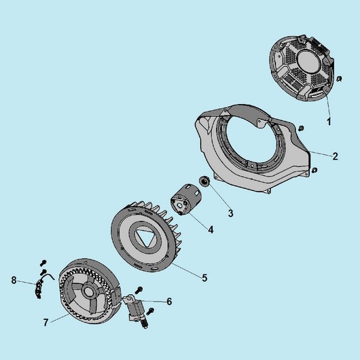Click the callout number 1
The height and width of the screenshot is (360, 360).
click(329, 122)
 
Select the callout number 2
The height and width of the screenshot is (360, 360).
click(335, 156)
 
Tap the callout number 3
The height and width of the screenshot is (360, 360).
click(230, 213)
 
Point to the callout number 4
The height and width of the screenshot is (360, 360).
click(211, 230)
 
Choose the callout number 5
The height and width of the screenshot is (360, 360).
click(204, 278)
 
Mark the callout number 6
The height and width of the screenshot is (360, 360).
click(169, 302)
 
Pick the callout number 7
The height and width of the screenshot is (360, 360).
click(46, 323)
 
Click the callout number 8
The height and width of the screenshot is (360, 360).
click(14, 280)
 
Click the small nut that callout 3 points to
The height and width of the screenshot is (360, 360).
click(204, 181)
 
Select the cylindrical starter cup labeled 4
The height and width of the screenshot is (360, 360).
click(186, 199)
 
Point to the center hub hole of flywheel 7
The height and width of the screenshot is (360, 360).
click(88, 291)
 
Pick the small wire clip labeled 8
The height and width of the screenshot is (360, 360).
click(39, 287)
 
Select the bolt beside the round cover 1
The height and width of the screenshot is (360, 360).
click(339, 79)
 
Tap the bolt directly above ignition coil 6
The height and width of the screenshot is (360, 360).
click(139, 290)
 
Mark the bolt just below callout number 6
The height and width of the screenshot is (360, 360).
click(150, 311)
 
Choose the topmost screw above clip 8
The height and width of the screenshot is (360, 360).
click(43, 262)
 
